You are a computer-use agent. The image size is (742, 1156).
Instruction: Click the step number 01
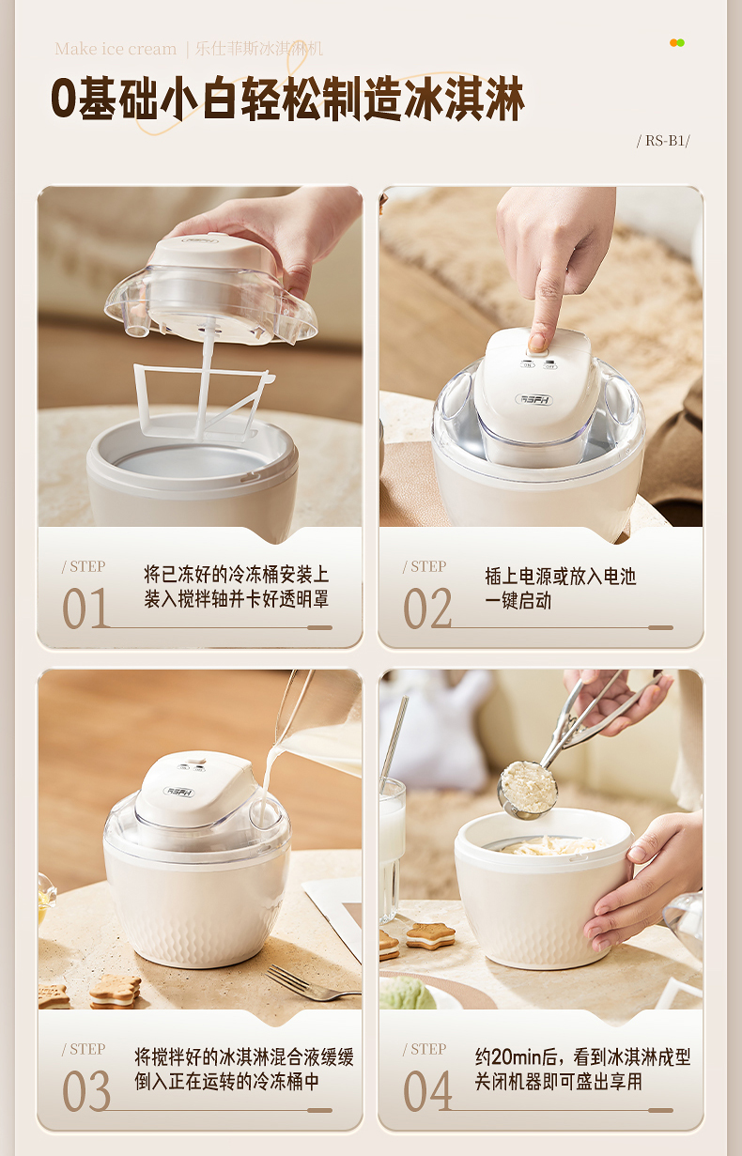pos(85,609)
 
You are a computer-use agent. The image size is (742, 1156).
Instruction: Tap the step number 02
pos(427,609)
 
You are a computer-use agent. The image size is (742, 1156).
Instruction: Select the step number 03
pos(86,1090)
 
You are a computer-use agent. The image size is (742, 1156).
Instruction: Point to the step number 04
pos(427,1090)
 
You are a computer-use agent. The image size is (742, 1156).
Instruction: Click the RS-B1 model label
pos(663,141)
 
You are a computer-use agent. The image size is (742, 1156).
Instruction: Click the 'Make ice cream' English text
pos(116,49)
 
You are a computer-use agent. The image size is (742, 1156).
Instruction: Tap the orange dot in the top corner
pos(673,43)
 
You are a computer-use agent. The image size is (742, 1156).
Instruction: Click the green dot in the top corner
pos(681,43)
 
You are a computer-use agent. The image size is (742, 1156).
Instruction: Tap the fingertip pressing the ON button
pos(537,342)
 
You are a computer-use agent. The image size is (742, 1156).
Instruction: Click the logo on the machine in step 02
pos(534,399)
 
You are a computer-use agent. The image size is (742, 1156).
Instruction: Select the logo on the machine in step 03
pos(179,791)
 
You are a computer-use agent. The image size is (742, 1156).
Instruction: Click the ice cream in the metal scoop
pos(529,787)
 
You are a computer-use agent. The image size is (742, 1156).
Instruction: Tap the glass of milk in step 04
pos(393,852)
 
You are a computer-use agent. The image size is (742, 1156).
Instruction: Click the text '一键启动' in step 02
pos(518,601)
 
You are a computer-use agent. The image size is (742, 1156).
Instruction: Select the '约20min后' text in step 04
pos(516,1056)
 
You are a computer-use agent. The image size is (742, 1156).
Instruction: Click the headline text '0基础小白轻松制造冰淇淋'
pos(287,99)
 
